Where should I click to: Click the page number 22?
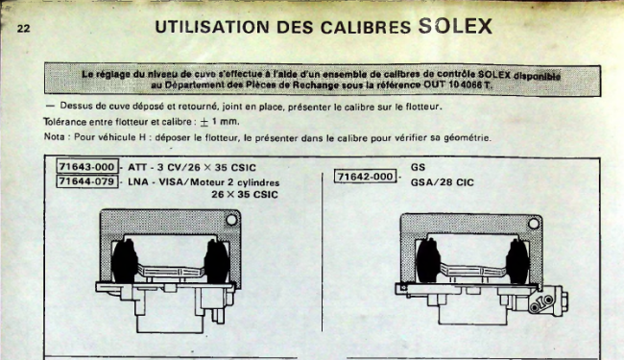[23, 28]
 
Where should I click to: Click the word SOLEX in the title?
[455, 26]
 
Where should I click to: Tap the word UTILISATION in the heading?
[212, 27]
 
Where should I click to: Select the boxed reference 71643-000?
[87, 167]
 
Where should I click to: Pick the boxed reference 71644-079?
[87, 181]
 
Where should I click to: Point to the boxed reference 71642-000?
[366, 177]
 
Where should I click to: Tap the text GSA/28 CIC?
[443, 182]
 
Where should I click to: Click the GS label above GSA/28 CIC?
[418, 167]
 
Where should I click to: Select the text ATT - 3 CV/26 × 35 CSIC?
[192, 167]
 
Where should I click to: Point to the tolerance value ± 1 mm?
[219, 122]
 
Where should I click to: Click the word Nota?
[54, 137]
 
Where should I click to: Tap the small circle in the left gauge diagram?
[231, 220]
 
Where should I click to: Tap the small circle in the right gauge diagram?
[534, 224]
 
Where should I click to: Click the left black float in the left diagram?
[125, 262]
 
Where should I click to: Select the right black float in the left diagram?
[217, 262]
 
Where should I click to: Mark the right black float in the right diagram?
[517, 262]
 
